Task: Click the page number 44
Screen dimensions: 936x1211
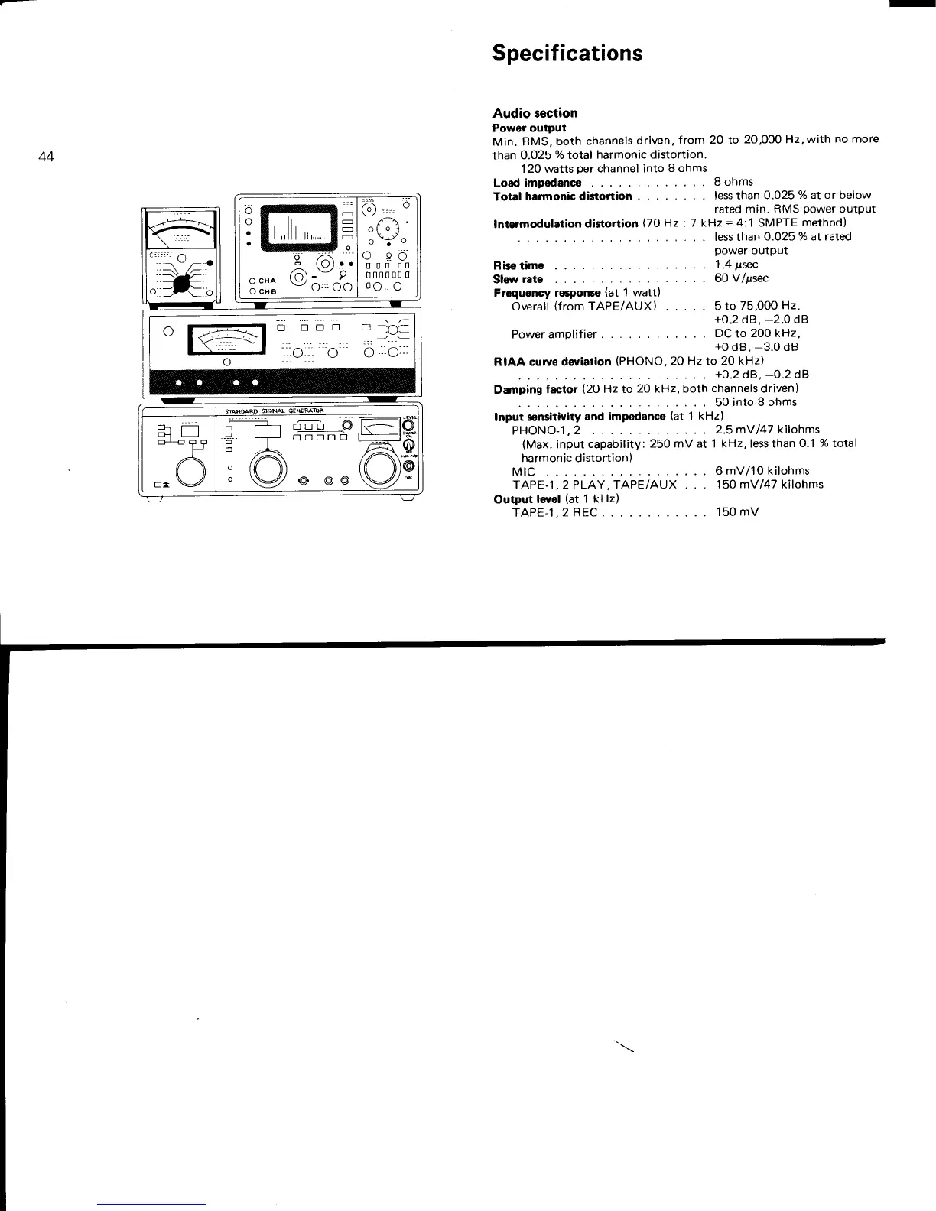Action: [x=46, y=157]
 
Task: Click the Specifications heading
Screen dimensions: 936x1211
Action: [x=567, y=53]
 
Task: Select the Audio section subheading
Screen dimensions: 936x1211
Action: [x=535, y=113]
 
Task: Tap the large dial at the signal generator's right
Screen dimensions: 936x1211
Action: [x=380, y=464]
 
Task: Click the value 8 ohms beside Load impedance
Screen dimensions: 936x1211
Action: [x=733, y=182]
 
